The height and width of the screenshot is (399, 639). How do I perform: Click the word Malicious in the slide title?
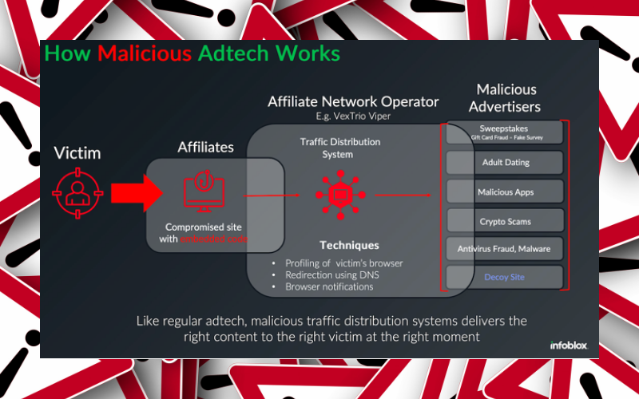(144, 54)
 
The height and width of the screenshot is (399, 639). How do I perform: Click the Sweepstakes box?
(504, 132)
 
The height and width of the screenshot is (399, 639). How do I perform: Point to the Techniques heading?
(349, 245)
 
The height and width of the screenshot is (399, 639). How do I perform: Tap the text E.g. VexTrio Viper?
(352, 117)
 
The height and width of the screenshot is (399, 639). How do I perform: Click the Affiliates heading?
(206, 148)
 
